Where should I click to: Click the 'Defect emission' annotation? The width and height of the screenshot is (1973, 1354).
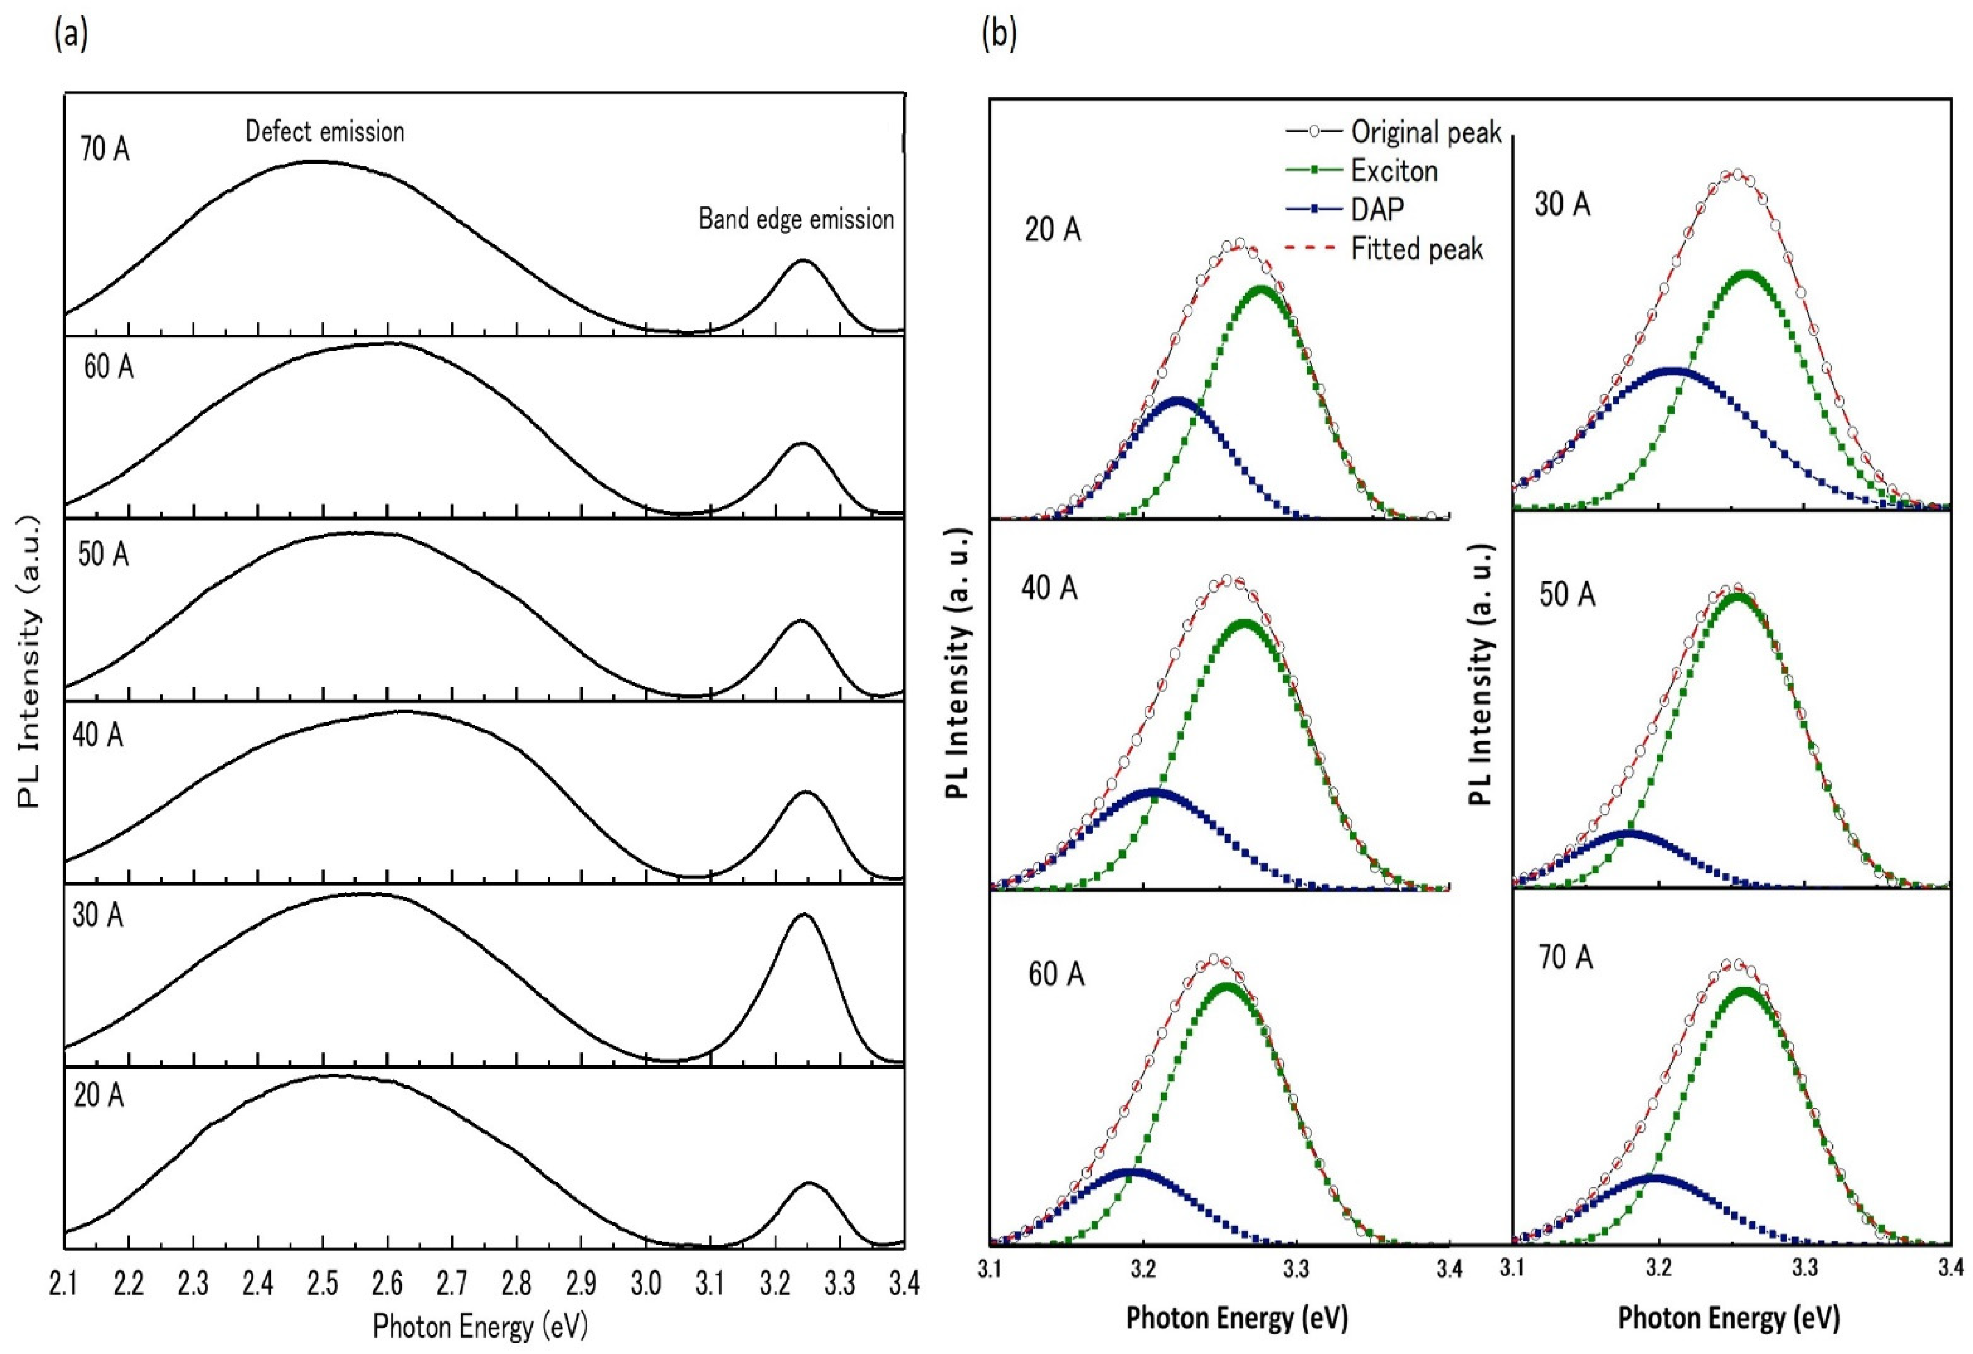click(324, 132)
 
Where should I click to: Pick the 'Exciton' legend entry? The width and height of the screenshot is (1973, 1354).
click(1394, 172)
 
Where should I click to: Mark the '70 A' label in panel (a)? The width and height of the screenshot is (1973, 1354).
click(105, 149)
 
